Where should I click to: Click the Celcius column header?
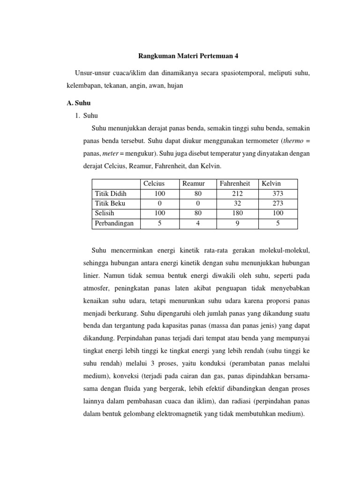(154, 184)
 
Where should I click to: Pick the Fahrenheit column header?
(235, 184)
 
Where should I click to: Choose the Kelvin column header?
(271, 184)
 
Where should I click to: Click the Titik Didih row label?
(111, 194)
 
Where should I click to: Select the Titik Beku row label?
(110, 203)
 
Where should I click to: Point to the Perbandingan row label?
(114, 223)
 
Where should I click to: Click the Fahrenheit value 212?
(237, 194)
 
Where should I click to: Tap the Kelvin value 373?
(277, 194)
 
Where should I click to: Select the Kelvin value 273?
(277, 203)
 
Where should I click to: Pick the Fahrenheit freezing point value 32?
(237, 203)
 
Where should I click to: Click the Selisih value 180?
(237, 213)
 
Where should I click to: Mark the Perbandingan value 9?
(237, 223)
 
